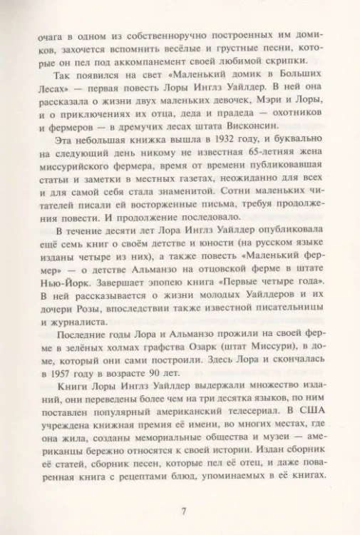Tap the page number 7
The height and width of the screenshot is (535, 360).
(x=183, y=510)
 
